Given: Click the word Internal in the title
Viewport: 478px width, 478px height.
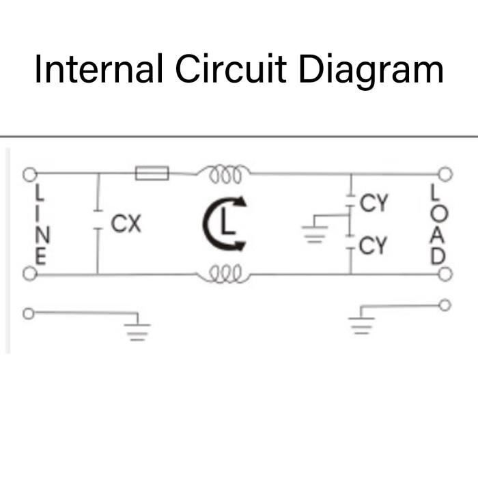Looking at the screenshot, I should pyautogui.click(x=98, y=70).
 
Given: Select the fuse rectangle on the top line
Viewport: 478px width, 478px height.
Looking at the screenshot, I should pyautogui.click(x=152, y=173).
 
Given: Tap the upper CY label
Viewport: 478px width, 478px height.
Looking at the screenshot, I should pyautogui.click(x=374, y=203).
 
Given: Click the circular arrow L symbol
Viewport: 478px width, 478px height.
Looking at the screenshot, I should pyautogui.click(x=225, y=223).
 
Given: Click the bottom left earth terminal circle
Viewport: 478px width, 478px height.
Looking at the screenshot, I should pyautogui.click(x=29, y=313).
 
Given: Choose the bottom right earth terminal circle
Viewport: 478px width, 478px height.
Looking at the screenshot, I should pyautogui.click(x=445, y=305).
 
